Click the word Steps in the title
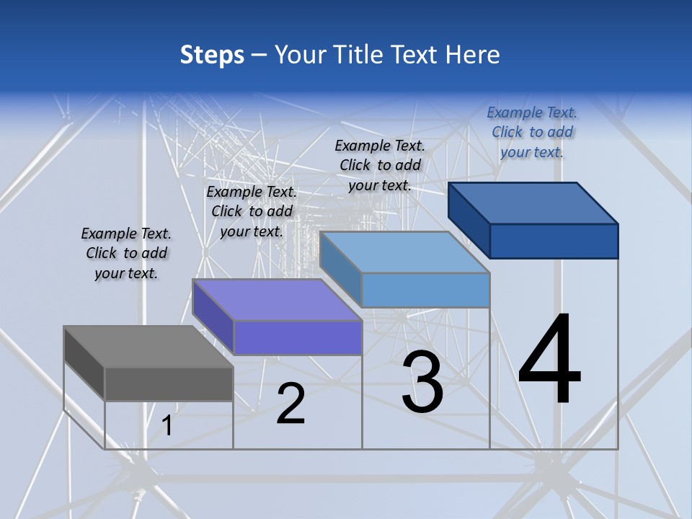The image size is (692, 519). (x=212, y=55)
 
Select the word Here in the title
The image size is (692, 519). (x=473, y=55)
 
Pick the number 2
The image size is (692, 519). (x=290, y=404)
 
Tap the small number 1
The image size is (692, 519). (x=167, y=426)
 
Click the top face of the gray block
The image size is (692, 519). (x=148, y=347)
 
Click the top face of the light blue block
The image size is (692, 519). (x=404, y=252)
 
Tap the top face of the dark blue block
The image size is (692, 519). (x=533, y=203)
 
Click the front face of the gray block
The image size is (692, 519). (x=169, y=383)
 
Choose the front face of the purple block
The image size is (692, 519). (x=298, y=337)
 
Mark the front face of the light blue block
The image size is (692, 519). (x=425, y=290)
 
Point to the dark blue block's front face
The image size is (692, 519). (x=554, y=241)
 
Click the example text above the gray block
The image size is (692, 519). (x=126, y=253)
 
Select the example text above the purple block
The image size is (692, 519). (x=252, y=211)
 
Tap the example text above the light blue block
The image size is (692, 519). (x=380, y=165)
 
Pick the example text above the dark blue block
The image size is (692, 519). (x=532, y=132)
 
